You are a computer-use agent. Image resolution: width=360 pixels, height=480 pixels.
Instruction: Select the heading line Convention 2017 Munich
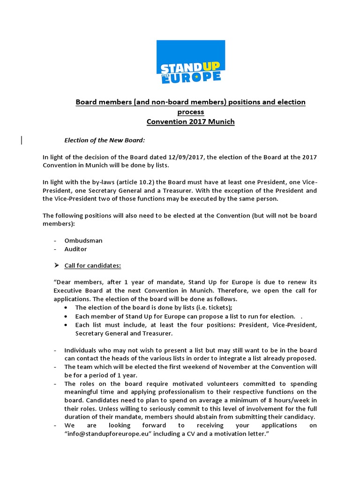(190, 122)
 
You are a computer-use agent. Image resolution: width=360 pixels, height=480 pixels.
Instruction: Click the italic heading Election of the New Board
(101, 140)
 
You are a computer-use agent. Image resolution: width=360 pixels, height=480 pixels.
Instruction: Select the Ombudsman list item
(83, 240)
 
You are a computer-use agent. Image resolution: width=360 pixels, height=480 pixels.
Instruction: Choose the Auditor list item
(75, 249)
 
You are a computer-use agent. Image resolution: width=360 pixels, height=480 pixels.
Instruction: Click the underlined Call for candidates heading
(93, 265)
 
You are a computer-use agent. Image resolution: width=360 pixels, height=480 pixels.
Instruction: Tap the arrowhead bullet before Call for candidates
(57, 265)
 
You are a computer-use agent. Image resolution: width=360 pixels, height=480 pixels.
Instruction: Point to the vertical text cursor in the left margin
(22, 140)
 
